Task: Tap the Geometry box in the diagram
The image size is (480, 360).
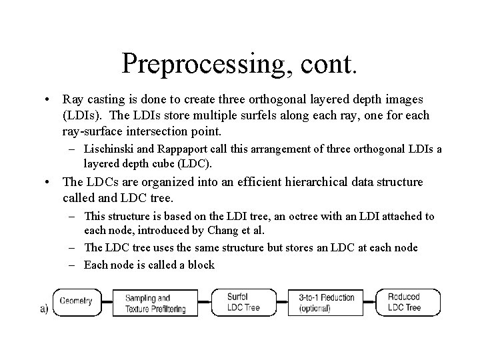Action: click(x=75, y=301)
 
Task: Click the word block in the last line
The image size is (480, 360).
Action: click(x=201, y=265)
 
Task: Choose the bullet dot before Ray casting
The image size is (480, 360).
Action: click(x=49, y=99)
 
